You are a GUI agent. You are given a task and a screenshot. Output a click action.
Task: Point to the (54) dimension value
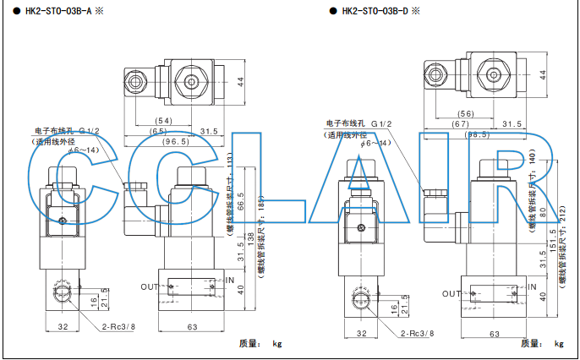pyautogui.click(x=163, y=121)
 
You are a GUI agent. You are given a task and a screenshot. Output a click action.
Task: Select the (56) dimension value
pyautogui.click(x=466, y=114)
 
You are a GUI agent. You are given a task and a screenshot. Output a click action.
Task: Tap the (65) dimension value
pyautogui.click(x=158, y=131)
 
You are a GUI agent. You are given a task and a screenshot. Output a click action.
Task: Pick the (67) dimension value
pyautogui.click(x=460, y=124)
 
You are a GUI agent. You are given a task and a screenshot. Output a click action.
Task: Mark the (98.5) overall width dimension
pyautogui.click(x=478, y=135)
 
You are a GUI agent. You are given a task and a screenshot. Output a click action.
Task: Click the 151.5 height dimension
pyautogui.click(x=553, y=245)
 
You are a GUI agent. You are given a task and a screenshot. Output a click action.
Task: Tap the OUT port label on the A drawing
pyautogui.click(x=150, y=286)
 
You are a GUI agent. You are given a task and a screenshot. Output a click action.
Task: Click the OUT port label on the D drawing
pyautogui.click(x=451, y=293)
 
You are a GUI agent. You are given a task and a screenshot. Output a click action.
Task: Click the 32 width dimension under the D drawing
pyautogui.click(x=362, y=334)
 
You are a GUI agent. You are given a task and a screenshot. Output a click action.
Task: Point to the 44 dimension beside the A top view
pyautogui.click(x=240, y=82)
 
